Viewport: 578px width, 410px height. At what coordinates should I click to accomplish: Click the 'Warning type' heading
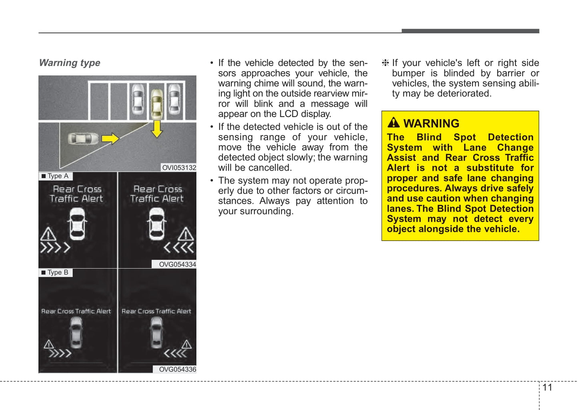[x=70, y=63]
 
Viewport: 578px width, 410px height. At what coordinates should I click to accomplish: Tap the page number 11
[x=547, y=388]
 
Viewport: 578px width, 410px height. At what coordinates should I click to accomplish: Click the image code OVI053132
[x=179, y=167]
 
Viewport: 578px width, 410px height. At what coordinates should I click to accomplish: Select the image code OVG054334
[x=178, y=264]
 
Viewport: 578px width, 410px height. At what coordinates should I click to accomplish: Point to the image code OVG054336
[x=178, y=369]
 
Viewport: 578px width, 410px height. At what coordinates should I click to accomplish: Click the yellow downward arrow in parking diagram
[x=157, y=129]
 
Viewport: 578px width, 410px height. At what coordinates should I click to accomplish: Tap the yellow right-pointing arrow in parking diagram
[x=110, y=139]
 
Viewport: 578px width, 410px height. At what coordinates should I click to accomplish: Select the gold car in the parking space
[x=157, y=104]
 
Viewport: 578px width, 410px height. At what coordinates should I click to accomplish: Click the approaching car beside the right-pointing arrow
[x=83, y=139]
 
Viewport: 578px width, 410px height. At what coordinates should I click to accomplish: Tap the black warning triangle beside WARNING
[x=394, y=123]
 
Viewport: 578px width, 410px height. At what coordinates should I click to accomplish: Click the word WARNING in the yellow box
[x=432, y=123]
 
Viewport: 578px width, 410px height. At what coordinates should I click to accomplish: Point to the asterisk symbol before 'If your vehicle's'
[x=385, y=63]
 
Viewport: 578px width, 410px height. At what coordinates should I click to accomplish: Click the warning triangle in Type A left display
[x=48, y=234]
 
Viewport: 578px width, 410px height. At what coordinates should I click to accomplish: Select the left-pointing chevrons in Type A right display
[x=178, y=248]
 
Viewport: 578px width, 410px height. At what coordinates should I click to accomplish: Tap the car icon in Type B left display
[x=76, y=332]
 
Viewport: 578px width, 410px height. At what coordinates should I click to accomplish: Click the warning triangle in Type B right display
[x=186, y=344]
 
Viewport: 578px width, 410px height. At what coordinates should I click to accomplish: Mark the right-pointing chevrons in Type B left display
[x=60, y=353]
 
